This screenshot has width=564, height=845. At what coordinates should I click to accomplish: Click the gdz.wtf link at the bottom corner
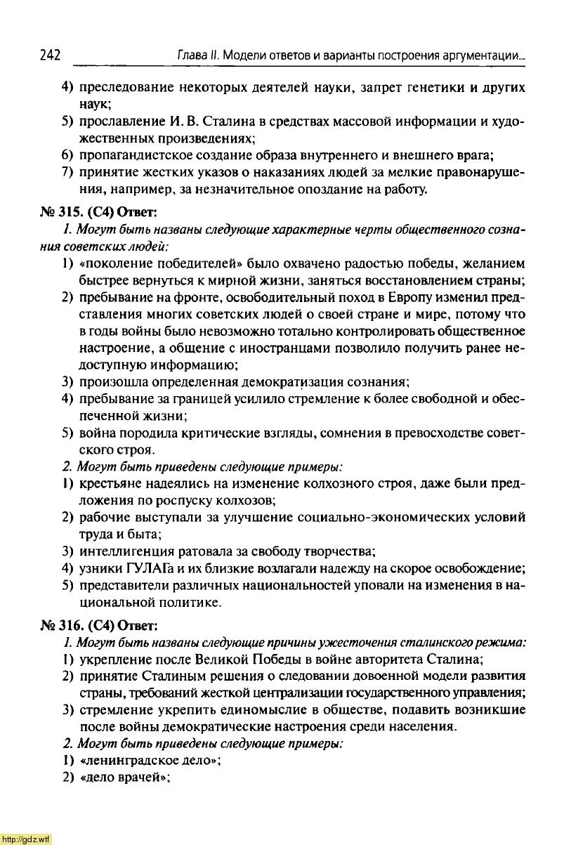(26, 839)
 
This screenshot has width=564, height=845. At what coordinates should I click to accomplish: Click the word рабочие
(104, 517)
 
